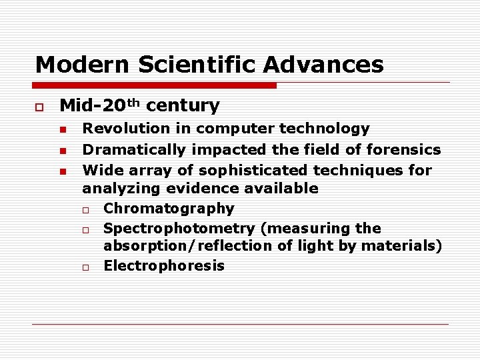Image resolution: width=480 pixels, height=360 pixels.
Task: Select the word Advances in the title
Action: pyautogui.click(x=323, y=65)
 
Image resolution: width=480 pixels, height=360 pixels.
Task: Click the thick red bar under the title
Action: pyautogui.click(x=155, y=85)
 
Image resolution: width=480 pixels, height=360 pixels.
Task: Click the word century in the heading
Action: pyautogui.click(x=182, y=105)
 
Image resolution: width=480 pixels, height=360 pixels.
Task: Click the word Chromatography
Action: pyautogui.click(x=169, y=209)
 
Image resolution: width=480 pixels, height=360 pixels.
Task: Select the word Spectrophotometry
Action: pyautogui.click(x=180, y=229)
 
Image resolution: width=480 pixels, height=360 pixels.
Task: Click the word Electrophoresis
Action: pyautogui.click(x=164, y=266)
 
